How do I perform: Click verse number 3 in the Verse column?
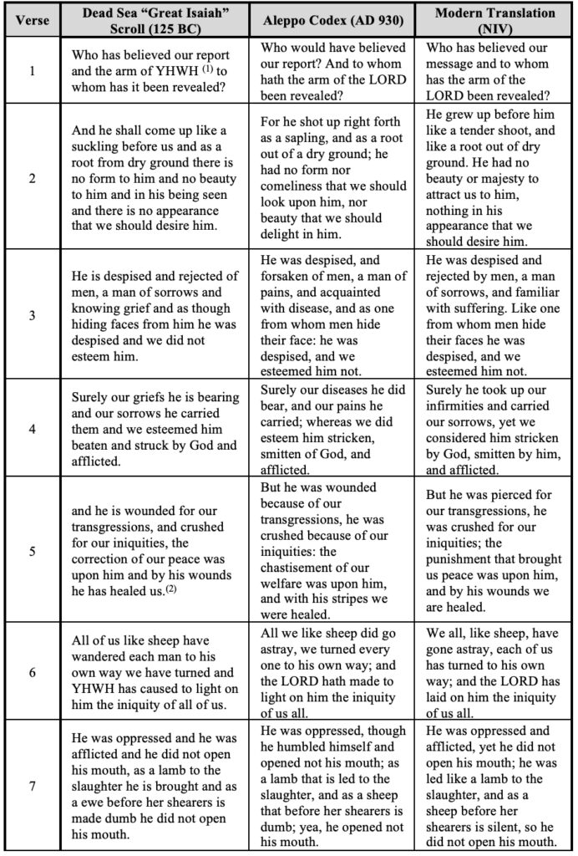(33, 314)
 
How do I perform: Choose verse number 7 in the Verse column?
(33, 785)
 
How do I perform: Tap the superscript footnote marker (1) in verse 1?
(201, 67)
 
